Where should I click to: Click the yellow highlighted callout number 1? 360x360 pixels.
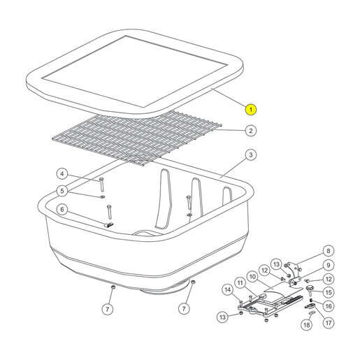(251, 110)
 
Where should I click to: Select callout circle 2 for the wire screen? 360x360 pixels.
(251, 131)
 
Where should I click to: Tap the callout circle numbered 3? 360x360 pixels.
(251, 154)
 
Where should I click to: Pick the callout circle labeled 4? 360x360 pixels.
(62, 174)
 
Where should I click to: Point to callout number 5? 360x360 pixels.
(62, 191)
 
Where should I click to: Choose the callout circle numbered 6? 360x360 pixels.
(62, 210)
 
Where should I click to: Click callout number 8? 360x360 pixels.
(329, 251)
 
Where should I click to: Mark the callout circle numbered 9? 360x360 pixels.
(329, 265)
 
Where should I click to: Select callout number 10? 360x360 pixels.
(253, 277)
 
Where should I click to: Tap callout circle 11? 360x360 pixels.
(240, 283)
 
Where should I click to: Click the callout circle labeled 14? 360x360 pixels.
(228, 289)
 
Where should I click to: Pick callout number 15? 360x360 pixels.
(329, 292)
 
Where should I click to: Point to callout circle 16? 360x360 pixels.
(329, 306)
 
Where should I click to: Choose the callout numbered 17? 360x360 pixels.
(329, 323)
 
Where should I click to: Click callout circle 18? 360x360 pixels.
(307, 324)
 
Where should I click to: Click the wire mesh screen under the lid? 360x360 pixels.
(137, 138)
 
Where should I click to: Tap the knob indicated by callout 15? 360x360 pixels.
(310, 289)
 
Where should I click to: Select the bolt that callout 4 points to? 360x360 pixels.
(101, 184)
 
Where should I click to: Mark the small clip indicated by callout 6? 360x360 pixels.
(109, 225)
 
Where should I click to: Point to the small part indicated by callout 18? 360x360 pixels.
(312, 313)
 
